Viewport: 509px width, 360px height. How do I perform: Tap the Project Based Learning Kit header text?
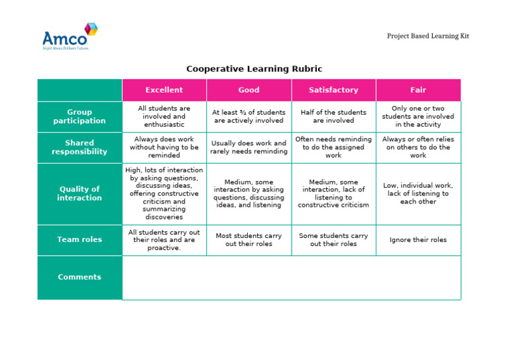(x=427, y=36)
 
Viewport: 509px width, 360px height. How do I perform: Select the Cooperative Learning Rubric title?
(x=254, y=69)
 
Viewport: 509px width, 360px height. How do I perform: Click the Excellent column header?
(x=164, y=90)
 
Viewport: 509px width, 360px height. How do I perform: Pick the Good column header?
(x=249, y=90)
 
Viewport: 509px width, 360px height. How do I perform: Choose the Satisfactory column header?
(x=333, y=90)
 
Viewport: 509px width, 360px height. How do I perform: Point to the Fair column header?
(x=418, y=90)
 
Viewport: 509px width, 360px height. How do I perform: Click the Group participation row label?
(x=80, y=117)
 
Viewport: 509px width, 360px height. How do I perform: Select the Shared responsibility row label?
(x=80, y=147)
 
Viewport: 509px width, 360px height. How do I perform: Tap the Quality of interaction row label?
(x=80, y=194)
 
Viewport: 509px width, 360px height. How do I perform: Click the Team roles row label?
(x=80, y=239)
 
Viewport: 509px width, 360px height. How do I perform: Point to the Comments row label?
(x=80, y=277)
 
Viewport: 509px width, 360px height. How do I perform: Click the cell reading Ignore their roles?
(x=418, y=240)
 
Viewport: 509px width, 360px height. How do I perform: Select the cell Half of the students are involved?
(x=333, y=117)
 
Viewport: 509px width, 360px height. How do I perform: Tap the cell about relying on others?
(x=418, y=147)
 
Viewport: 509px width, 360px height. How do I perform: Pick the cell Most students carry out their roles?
(x=249, y=240)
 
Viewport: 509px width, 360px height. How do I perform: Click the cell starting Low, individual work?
(x=418, y=194)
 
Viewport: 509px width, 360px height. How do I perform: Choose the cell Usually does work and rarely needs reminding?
(x=249, y=147)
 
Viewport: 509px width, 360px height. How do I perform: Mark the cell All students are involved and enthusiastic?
(x=164, y=117)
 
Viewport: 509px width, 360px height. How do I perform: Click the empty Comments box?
(x=292, y=278)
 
